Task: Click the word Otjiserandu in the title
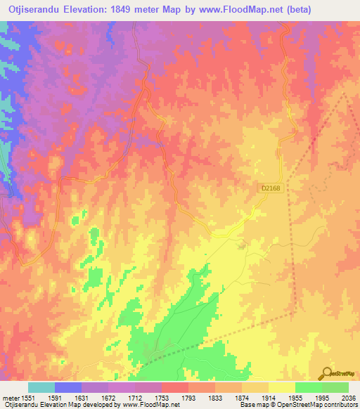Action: [x=36, y=9]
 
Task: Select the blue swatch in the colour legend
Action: [x=68, y=387]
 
